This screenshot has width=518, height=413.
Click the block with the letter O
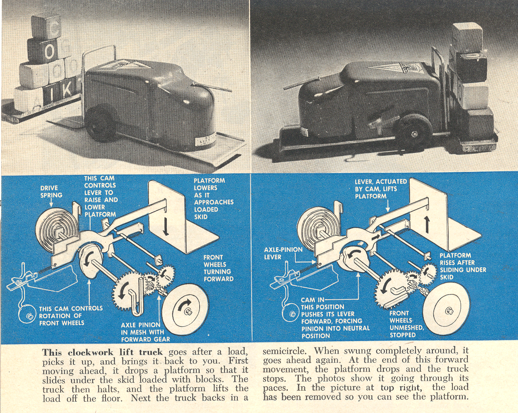(49, 52)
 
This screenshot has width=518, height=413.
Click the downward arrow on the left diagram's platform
(166, 227)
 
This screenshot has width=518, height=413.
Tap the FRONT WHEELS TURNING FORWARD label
(218, 268)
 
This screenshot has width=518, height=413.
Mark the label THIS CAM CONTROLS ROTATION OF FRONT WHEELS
(71, 315)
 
